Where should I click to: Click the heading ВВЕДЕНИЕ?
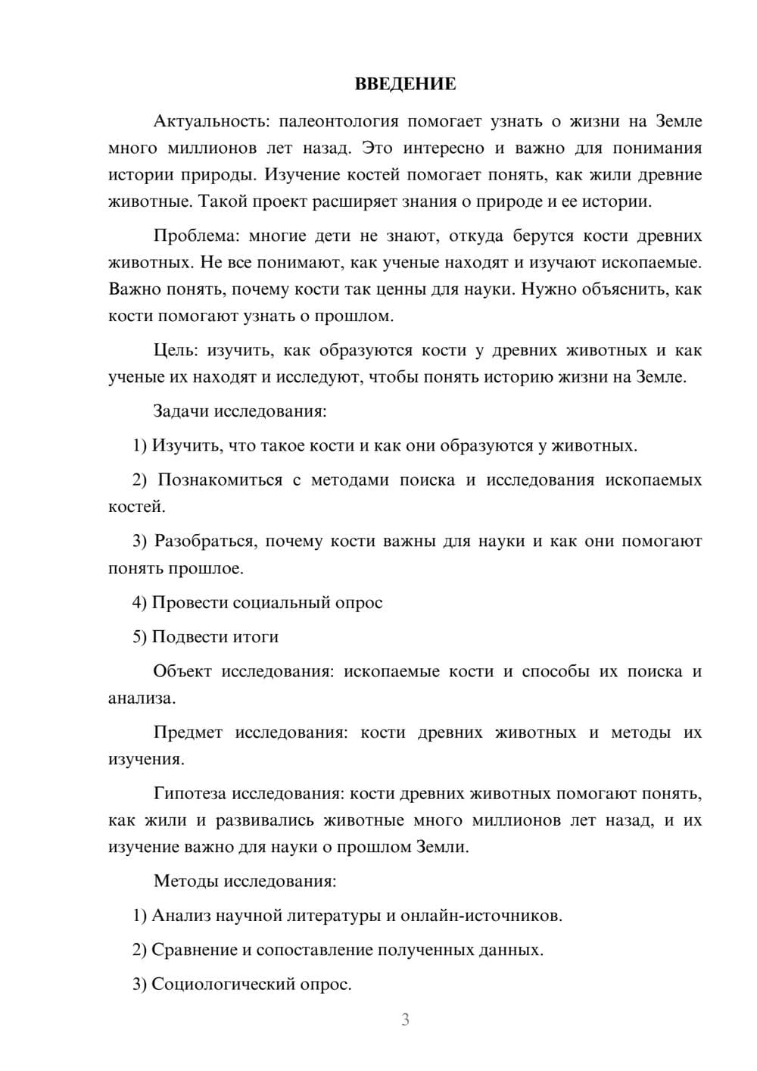[x=406, y=84]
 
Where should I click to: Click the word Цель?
[x=176, y=350]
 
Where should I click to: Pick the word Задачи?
[x=182, y=412]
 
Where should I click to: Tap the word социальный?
[x=281, y=603]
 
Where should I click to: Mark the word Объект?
[x=182, y=672]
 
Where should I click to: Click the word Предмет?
[x=188, y=733]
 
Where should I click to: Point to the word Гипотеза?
[x=189, y=795]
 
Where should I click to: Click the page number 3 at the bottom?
[x=406, y=1020]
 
